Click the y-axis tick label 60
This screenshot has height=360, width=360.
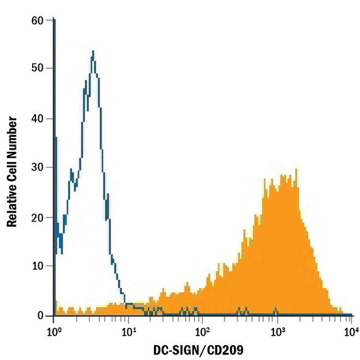click(38, 21)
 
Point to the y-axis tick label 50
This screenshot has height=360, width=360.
click(38, 69)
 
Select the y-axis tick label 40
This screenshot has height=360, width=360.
click(38, 119)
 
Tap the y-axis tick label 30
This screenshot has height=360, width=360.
click(38, 167)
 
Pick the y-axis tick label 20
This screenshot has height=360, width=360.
click(38, 218)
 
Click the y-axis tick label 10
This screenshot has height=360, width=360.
click(38, 266)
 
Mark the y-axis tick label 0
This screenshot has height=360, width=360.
click(40, 316)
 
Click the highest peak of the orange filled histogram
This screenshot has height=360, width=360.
click(297, 169)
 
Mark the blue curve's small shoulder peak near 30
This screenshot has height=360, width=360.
click(71, 169)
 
